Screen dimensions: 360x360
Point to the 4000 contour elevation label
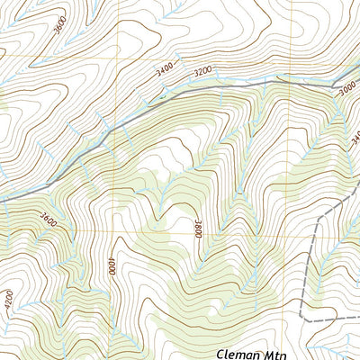112,267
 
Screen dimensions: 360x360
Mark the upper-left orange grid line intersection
114,59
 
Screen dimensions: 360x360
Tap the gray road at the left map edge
2,199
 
